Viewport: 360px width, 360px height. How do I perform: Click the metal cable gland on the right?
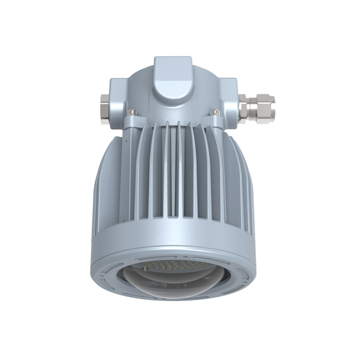click(x=257, y=107)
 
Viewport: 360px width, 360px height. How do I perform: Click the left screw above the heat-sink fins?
click(x=132, y=113)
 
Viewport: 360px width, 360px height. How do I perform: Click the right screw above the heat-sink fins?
click(x=215, y=113)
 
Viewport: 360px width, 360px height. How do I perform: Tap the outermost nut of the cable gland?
click(x=267, y=107)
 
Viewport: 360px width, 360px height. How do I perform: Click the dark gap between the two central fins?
click(x=173, y=177)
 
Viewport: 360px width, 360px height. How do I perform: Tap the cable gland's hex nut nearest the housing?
click(x=244, y=109)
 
